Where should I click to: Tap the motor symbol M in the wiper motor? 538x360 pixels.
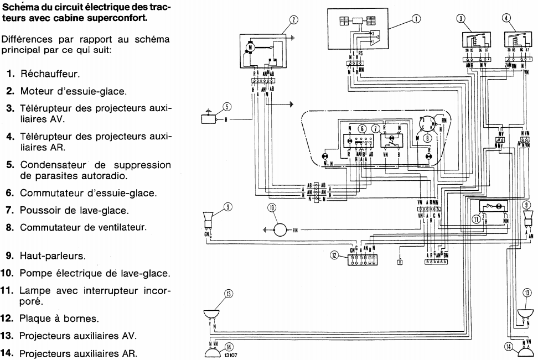coord(250,48)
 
